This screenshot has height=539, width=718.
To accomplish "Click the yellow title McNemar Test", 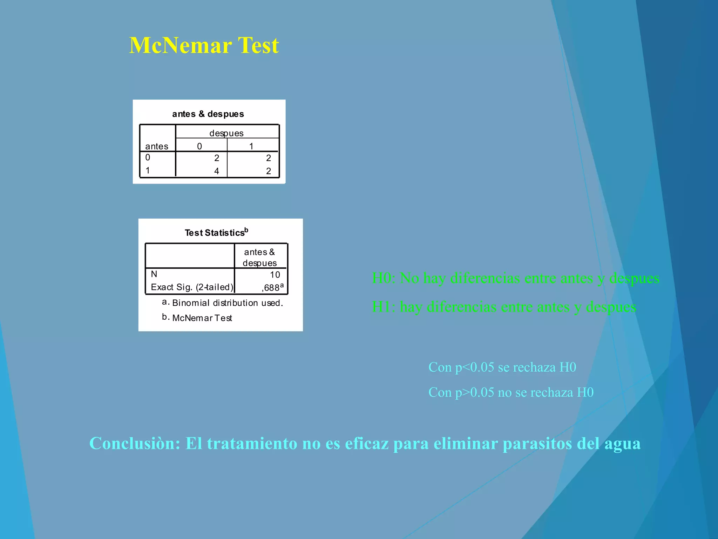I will [204, 46].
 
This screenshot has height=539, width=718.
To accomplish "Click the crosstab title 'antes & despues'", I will [208, 114].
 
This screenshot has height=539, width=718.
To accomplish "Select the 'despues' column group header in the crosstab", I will [226, 133].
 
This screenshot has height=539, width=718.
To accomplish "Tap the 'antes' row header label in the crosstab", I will [157, 146].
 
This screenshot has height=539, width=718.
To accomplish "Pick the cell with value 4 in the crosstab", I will [217, 171].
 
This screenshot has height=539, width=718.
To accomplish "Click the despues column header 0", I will [199, 146].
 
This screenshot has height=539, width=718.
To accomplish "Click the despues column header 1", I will [251, 146].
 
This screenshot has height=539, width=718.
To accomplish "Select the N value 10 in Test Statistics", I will [275, 275].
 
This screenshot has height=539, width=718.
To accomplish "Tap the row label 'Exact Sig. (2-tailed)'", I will [192, 287].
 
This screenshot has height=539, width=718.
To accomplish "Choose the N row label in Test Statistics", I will [154, 274].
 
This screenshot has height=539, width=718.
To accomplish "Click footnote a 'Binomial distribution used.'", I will [227, 303].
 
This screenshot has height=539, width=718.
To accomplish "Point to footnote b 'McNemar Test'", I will [202, 318].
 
